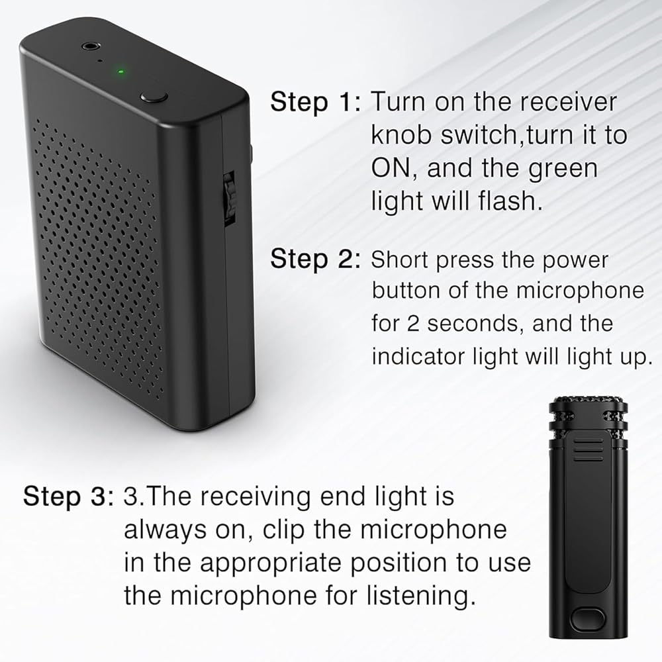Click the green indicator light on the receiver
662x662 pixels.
click(x=120, y=71)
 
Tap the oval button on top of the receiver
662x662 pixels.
click(x=154, y=97)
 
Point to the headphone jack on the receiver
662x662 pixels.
click(x=89, y=46)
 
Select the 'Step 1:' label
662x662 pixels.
click(x=316, y=102)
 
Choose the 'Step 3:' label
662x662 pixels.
click(x=68, y=496)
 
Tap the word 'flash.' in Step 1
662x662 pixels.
click(x=510, y=201)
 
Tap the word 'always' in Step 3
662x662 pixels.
click(x=165, y=531)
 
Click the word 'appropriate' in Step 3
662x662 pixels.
click(x=270, y=564)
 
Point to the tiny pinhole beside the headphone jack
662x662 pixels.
click(x=100, y=61)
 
